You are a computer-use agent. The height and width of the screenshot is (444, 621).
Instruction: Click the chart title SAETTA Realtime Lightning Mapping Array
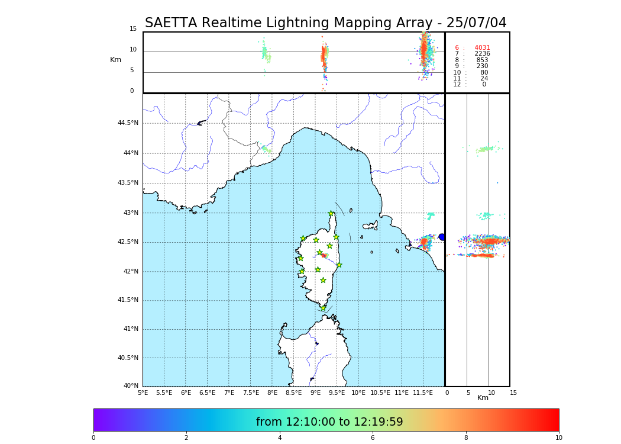pos(325,23)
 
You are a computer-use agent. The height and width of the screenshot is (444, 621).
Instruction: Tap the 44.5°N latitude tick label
pos(128,123)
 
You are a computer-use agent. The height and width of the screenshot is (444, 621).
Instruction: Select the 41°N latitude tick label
pos(130,329)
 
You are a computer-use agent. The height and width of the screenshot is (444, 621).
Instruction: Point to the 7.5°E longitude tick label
pos(251,392)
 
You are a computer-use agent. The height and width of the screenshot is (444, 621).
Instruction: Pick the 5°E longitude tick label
pos(143,392)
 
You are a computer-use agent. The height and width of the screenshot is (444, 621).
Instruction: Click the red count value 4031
pos(482,48)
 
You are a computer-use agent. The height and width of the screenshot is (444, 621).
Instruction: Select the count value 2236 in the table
pos(482,54)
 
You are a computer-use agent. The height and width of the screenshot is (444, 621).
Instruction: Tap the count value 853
pos(482,60)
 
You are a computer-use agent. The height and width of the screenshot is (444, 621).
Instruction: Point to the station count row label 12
pos(457,85)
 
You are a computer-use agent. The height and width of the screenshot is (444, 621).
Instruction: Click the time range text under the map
pos(329,422)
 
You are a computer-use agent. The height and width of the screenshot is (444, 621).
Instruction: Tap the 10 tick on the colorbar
pos(558,438)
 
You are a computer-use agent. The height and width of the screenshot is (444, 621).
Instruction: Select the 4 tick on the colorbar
pos(280,438)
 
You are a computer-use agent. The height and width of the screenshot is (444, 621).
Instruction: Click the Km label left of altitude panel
pos(115,60)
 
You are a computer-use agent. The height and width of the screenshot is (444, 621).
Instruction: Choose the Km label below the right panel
pos(483,398)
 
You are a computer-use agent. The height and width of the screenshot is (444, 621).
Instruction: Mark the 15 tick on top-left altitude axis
pos(133,29)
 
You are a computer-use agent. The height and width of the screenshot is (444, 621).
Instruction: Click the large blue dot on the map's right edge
pos(442,237)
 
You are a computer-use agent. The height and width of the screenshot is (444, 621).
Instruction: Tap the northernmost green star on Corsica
pos(331,214)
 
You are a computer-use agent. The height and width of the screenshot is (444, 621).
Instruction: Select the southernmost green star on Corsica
pos(323,308)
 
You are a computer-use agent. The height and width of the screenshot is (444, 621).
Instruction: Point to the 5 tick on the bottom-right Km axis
pos(468,392)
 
